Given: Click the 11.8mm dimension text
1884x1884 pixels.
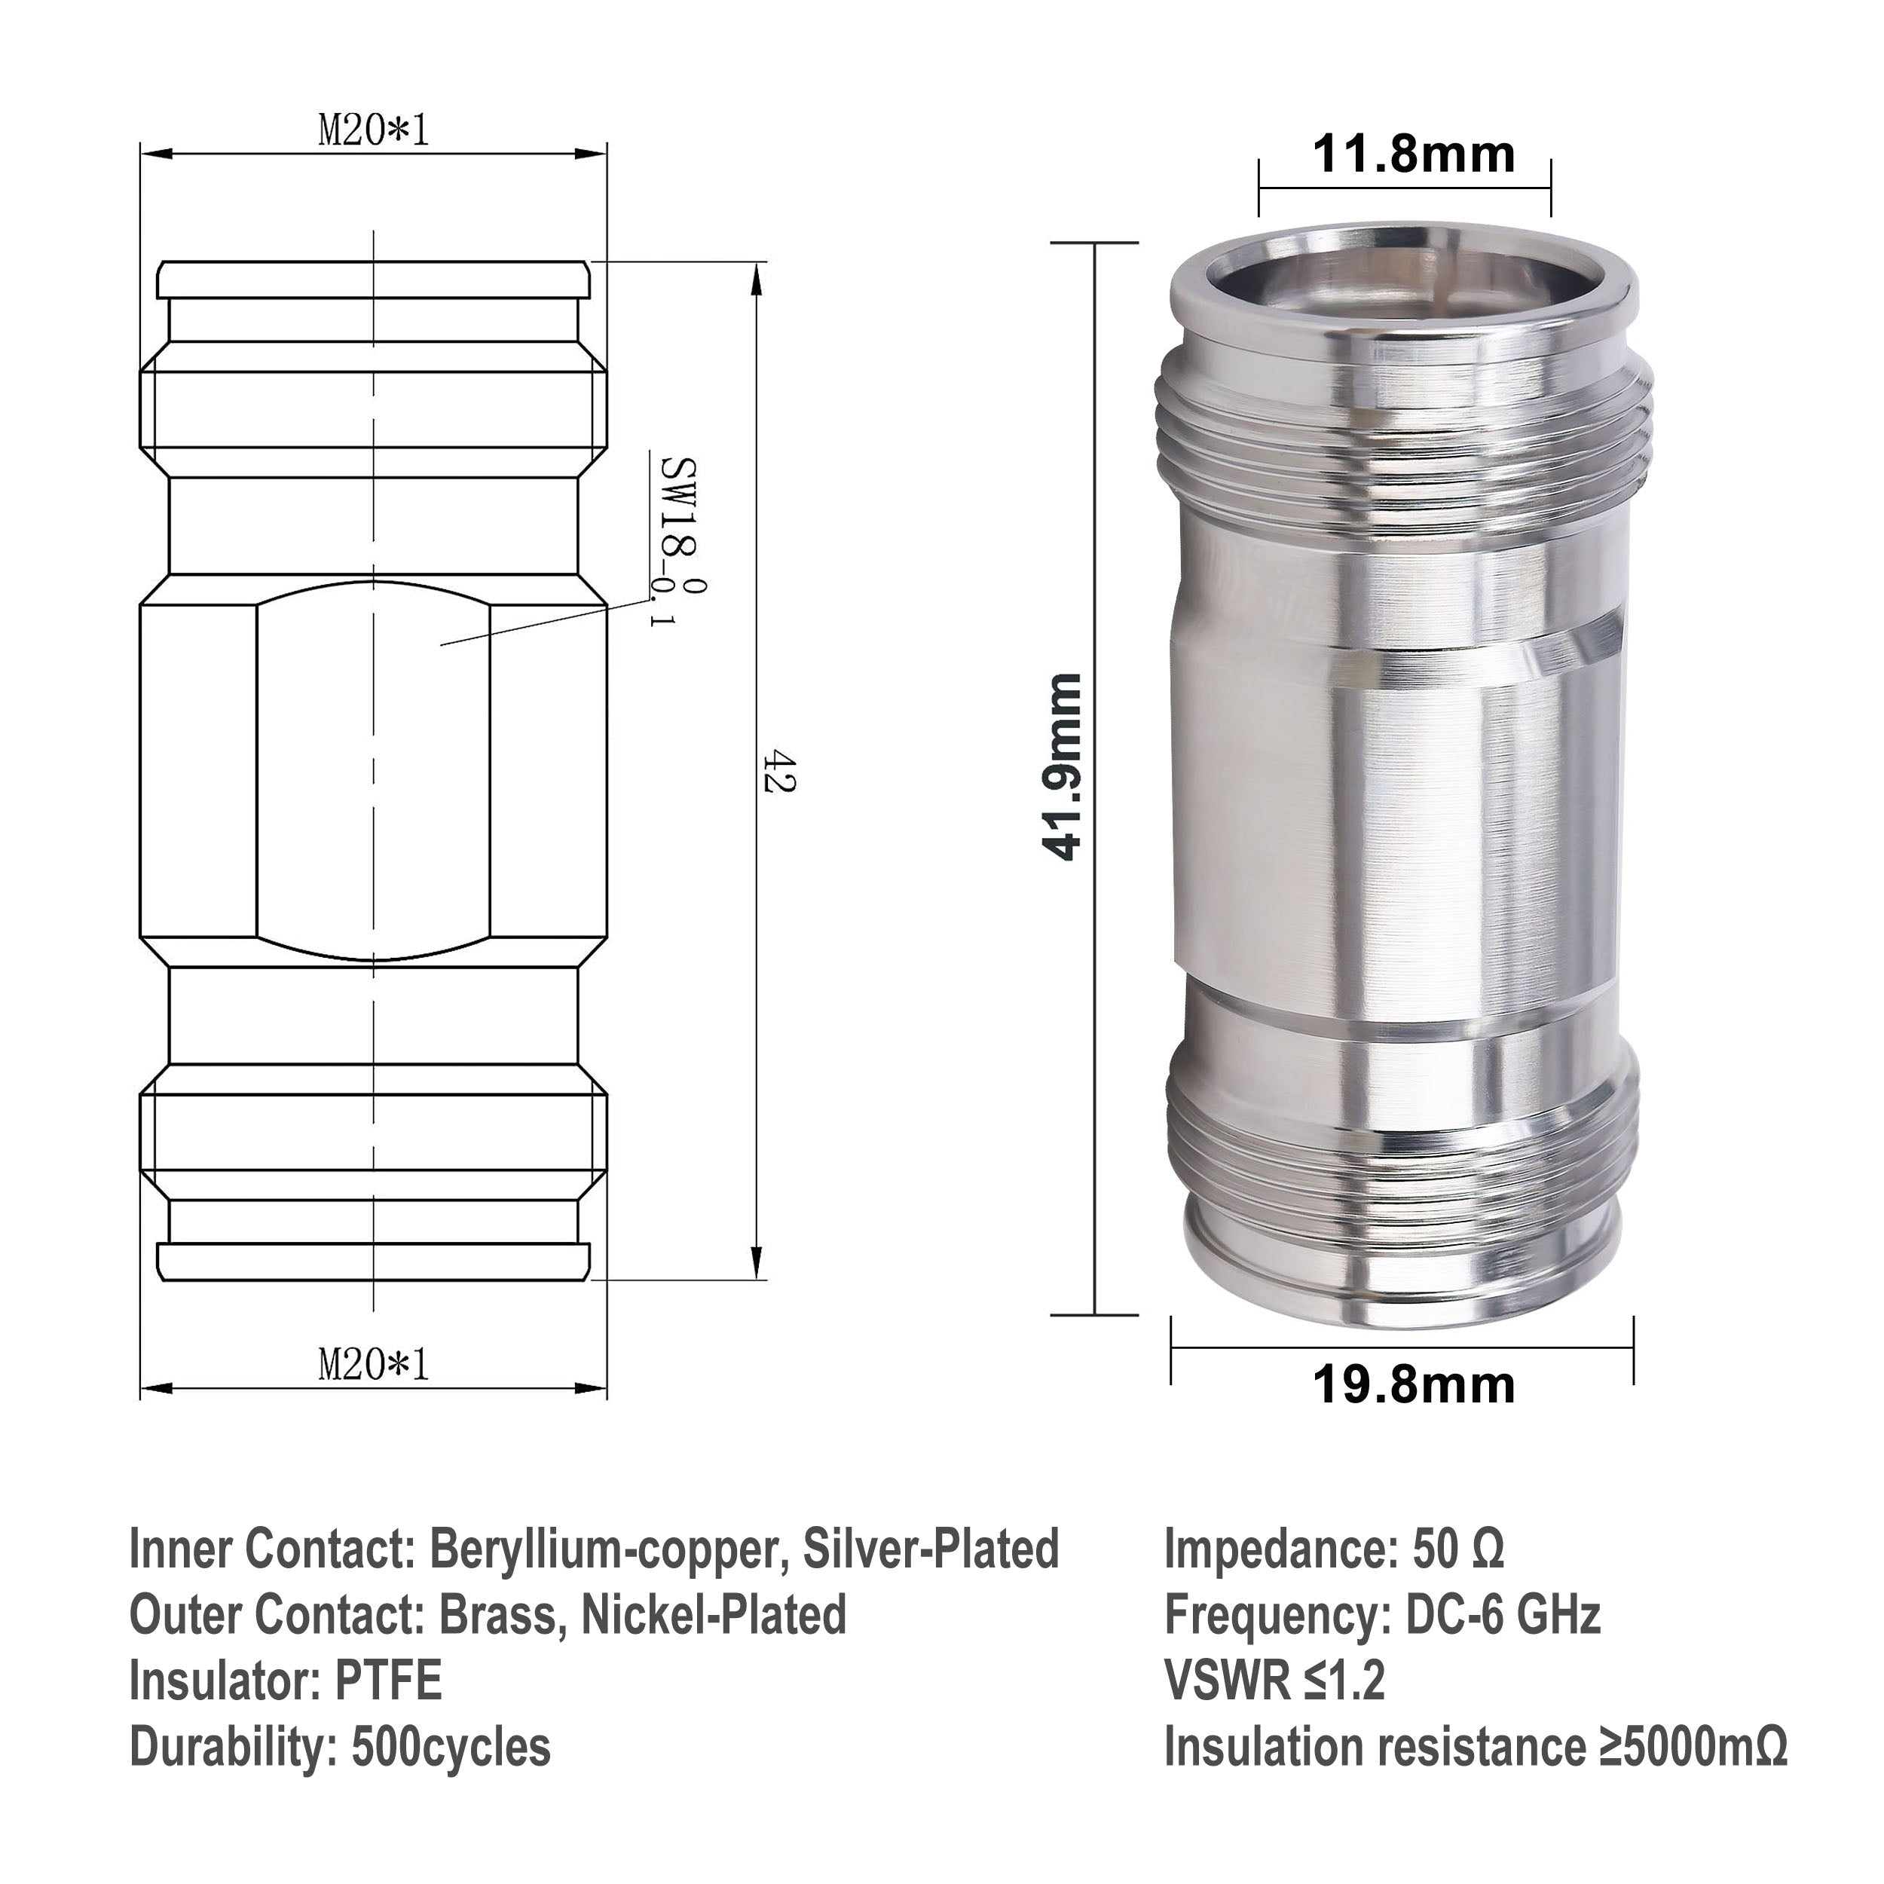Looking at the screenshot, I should click(x=1413, y=155).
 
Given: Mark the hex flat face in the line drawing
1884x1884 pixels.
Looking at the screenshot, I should click(x=374, y=770).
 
